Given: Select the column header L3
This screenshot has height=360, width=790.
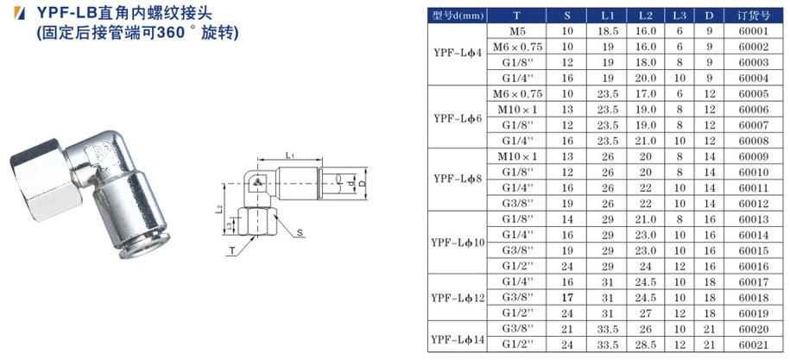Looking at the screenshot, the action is [x=679, y=16].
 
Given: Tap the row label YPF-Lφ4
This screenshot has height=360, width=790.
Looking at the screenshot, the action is [x=458, y=55].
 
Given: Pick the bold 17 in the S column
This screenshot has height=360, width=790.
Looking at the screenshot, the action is [x=567, y=298].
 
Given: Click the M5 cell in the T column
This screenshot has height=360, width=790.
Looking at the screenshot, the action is [x=517, y=31].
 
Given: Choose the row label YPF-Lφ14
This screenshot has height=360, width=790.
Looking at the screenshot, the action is [x=458, y=338].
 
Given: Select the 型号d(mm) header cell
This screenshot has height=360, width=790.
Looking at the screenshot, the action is [x=458, y=16].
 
